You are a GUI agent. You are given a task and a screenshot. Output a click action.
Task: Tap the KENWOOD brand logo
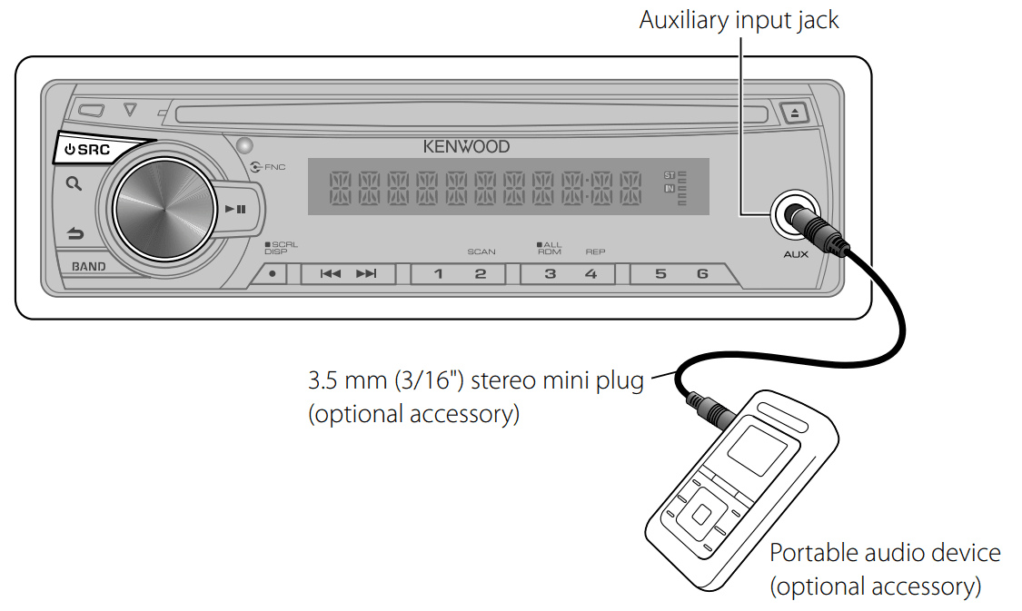point(466,146)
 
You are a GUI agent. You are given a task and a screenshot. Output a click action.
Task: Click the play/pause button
point(235,210)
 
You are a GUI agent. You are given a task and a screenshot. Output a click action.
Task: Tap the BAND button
point(89,267)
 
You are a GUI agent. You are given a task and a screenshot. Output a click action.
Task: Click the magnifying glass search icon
point(74,183)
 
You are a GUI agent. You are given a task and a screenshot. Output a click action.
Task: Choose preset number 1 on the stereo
point(438,273)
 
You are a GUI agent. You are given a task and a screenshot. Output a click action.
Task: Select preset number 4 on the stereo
point(591,273)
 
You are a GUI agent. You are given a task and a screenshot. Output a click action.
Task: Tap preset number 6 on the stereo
point(702,273)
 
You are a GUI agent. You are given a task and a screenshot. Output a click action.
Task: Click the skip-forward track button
point(366,273)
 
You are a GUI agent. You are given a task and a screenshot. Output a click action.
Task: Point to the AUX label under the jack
point(796,254)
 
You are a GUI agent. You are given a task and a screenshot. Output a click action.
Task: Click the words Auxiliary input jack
point(739,20)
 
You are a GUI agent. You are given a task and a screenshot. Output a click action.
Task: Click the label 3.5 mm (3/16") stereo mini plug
point(475,379)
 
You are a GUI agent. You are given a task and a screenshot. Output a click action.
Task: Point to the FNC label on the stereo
point(274,168)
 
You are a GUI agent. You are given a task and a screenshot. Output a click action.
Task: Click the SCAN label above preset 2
point(481,251)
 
